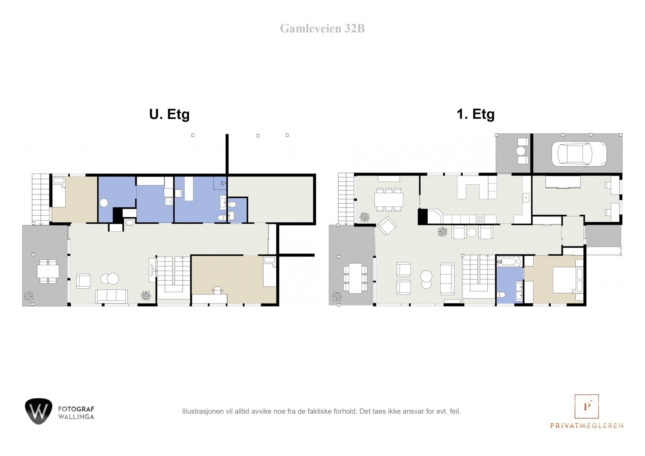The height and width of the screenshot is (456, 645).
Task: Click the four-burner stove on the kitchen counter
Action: pyautogui.click(x=481, y=219)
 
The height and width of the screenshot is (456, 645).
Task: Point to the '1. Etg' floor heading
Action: pyautogui.click(x=475, y=114)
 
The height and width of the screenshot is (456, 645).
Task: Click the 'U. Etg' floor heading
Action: pyautogui.click(x=169, y=114)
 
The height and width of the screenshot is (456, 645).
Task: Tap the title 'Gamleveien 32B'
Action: pyautogui.click(x=322, y=29)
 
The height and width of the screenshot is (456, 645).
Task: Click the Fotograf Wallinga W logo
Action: pyautogui.click(x=39, y=411)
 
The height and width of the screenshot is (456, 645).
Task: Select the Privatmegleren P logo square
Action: pyautogui.click(x=587, y=406)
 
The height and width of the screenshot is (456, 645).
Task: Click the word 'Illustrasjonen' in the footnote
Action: pyautogui.click(x=199, y=411)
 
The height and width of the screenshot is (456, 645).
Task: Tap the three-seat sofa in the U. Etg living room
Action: pyautogui.click(x=112, y=296)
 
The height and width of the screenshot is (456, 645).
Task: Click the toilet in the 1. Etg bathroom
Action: pyautogui.click(x=501, y=295)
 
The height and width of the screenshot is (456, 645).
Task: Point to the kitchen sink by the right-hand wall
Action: pyautogui.click(x=526, y=198)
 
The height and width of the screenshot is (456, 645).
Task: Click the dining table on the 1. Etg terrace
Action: pyautogui.click(x=355, y=278)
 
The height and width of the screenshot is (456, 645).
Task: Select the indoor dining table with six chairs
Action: pyautogui.click(x=389, y=199)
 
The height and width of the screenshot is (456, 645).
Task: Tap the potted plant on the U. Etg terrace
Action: pyautogui.click(x=29, y=296)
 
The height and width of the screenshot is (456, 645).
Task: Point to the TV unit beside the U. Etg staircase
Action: pyautogui.click(x=152, y=269)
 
